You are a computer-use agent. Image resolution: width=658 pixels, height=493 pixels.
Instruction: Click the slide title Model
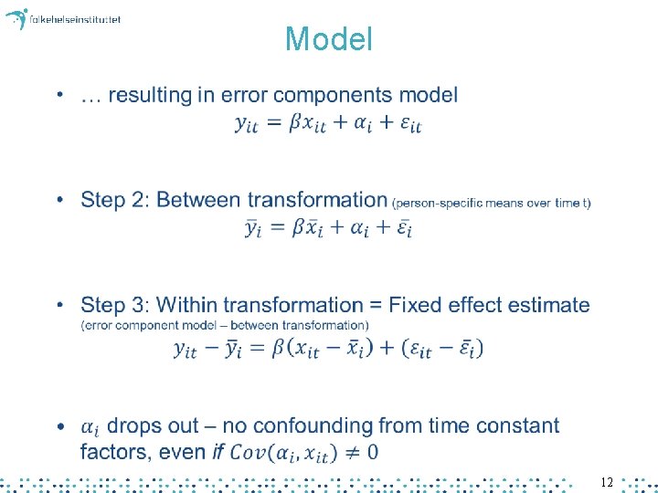pyautogui.click(x=329, y=39)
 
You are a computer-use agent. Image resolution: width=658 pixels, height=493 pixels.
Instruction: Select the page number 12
pyautogui.click(x=607, y=481)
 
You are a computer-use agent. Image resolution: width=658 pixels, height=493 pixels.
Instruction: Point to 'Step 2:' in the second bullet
pyautogui.click(x=111, y=200)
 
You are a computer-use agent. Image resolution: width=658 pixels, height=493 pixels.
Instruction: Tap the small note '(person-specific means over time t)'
pyautogui.click(x=492, y=203)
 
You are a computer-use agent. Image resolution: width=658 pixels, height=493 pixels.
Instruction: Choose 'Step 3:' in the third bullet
pyautogui.click(x=111, y=305)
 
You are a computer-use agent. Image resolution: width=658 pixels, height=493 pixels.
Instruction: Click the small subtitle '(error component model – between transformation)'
pyautogui.click(x=225, y=325)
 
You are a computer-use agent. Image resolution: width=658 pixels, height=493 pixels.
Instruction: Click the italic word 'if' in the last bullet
pyautogui.click(x=218, y=451)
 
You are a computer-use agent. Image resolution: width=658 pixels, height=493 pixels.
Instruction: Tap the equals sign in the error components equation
pyautogui.click(x=274, y=124)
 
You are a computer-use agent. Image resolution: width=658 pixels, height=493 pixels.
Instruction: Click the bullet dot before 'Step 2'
pyautogui.click(x=60, y=200)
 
